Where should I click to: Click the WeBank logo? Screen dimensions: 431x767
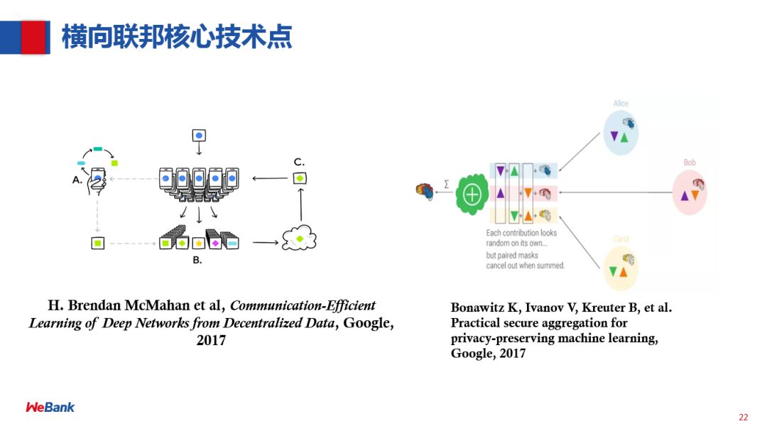click(x=50, y=407)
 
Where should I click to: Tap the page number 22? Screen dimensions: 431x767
click(x=744, y=417)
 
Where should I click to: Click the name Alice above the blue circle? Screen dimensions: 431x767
click(x=621, y=104)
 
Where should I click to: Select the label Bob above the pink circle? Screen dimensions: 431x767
click(x=690, y=163)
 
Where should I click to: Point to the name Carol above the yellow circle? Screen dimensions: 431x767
click(x=620, y=239)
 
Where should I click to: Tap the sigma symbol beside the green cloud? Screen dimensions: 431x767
click(x=446, y=183)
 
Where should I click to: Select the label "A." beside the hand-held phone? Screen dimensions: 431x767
click(x=77, y=180)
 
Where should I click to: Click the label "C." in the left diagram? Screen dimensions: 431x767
click(x=299, y=163)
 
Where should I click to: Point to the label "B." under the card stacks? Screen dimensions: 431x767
click(x=197, y=261)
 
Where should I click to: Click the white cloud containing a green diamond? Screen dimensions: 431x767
click(x=299, y=239)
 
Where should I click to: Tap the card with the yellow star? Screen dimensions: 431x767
click(x=199, y=244)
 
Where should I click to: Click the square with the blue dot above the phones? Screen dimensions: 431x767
click(x=199, y=135)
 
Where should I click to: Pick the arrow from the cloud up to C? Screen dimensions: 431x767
click(x=300, y=206)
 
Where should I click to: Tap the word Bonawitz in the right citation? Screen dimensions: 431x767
click(x=479, y=308)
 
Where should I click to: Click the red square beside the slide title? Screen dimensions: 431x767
click(x=33, y=37)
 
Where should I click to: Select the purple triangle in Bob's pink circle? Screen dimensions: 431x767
click(x=685, y=195)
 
